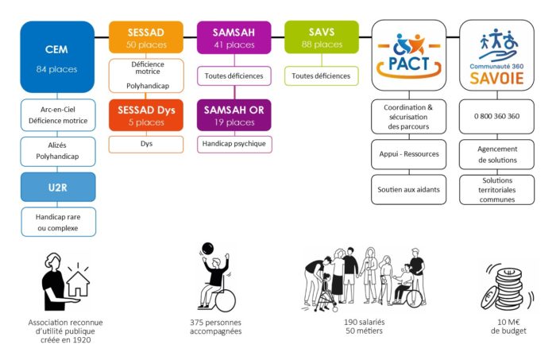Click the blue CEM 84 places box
(57, 56)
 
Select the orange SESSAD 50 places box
(145, 37)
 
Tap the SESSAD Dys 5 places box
(145, 115)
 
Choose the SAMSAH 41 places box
(234, 37)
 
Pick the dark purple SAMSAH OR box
(234, 115)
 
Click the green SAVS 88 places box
(322, 37)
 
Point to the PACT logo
(409, 56)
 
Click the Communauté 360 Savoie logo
(496, 56)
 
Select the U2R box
(58, 187)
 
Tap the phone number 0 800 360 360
(496, 116)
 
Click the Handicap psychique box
(234, 144)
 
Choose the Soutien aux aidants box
(408, 189)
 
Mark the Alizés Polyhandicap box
(58, 152)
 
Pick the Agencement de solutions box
(496, 154)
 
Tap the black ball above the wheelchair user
(207, 248)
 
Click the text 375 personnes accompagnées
(215, 327)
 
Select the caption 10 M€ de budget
(508, 327)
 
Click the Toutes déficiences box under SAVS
(322, 76)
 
